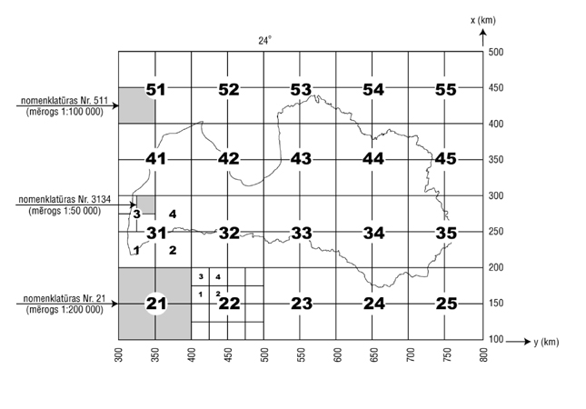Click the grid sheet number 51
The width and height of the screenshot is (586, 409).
155,89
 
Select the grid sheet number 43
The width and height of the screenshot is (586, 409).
302,159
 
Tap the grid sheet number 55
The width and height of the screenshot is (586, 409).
445,89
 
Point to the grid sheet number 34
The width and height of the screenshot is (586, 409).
373,233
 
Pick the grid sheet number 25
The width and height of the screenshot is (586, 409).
445,303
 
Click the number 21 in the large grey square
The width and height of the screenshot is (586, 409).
155,303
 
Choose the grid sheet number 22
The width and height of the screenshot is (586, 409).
229,303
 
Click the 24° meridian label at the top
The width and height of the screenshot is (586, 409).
264,41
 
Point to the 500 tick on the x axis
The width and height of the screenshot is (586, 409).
496,53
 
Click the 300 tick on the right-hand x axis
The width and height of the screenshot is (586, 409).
496,195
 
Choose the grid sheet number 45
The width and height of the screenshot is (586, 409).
445,159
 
